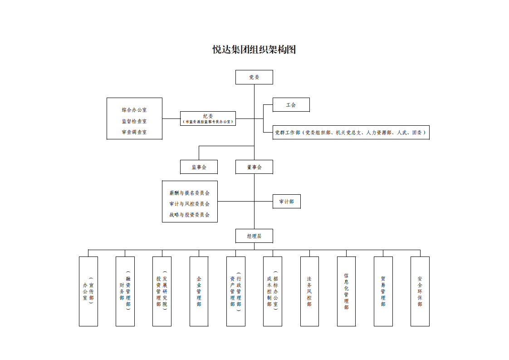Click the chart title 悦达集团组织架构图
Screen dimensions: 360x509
point(254,49)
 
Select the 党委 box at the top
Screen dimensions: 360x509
point(254,77)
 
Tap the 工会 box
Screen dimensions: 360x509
point(291,105)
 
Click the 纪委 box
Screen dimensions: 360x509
point(208,118)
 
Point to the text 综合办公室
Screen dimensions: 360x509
point(134,110)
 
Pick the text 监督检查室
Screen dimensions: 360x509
point(134,121)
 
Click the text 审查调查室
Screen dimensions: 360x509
point(134,132)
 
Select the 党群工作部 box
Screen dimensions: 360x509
point(351,133)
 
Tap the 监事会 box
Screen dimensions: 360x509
point(199,167)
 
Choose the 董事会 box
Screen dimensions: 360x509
point(254,167)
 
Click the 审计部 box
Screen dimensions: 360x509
point(286,202)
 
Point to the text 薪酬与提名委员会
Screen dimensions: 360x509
point(190,193)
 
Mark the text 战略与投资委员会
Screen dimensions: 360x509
point(190,215)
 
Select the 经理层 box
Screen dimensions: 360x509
point(254,236)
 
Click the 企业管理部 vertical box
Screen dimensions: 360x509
point(199,291)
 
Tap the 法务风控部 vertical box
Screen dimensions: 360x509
point(309,291)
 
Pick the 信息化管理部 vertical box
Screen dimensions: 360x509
point(346,291)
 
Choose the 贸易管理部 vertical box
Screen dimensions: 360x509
point(383,291)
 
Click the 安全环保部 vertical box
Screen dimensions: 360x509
point(420,291)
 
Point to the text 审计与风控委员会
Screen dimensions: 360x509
point(190,204)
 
